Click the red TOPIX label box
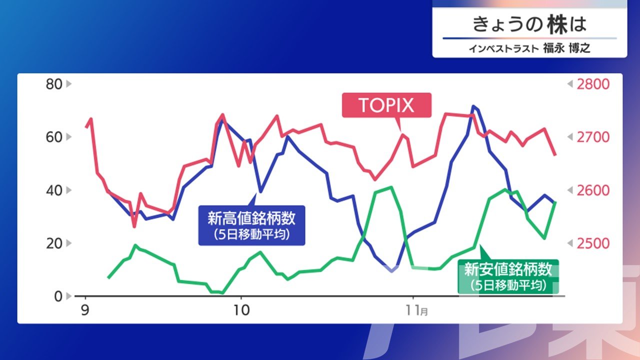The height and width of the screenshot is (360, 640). pos(386,105)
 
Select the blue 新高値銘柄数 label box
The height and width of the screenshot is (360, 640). pos(251,225)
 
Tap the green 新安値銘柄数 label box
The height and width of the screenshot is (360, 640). pos(508,276)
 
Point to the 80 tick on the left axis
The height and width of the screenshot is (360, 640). pos(54,84)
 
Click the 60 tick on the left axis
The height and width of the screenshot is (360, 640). pos(54,137)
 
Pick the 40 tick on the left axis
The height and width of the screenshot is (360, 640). pos(54,190)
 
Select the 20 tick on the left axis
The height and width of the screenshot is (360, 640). pos(54,243)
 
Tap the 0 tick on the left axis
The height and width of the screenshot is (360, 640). pos(58,296)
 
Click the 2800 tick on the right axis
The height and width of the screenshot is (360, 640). pos(593,84)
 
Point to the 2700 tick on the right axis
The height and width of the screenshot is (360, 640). pos(593,137)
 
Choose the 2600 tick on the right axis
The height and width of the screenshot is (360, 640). pos(593,190)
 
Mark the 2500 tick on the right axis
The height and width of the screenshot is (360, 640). pos(593,243)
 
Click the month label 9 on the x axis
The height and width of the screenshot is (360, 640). pos(85,310)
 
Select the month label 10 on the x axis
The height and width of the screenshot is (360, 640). pos(241,310)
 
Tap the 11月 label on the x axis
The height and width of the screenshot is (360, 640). pos(417,310)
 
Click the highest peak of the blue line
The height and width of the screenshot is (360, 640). pos(473,106)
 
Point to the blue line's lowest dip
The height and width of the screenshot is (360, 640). pos(391,271)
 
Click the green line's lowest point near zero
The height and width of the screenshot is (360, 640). pos(222,293)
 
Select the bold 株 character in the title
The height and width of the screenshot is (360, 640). pos(557,24)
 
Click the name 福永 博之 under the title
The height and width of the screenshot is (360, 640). pos(566,48)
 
